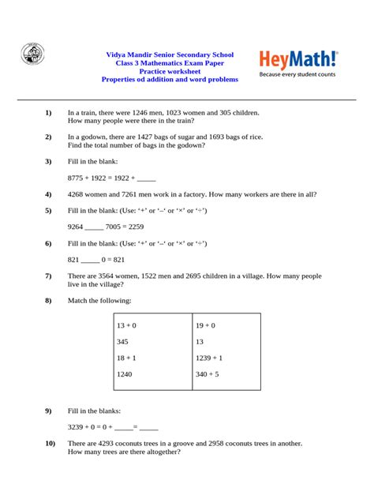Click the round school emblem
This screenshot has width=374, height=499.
(x=32, y=55)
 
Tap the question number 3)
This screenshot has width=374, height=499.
(x=48, y=161)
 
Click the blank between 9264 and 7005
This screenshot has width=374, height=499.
(x=94, y=227)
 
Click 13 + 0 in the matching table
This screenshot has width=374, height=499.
(x=126, y=325)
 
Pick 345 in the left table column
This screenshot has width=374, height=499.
(x=122, y=342)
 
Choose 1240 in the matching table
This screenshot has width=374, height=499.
(x=125, y=374)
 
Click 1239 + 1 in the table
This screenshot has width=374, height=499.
(x=209, y=358)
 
